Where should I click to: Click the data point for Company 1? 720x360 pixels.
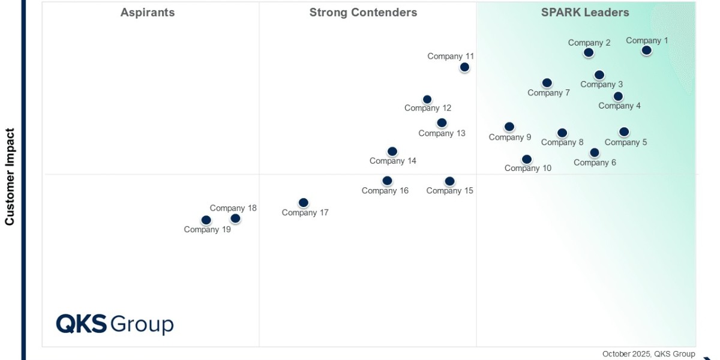(x=646, y=50)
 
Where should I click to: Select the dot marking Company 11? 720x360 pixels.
(x=464, y=67)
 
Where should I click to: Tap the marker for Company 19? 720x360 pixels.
(x=206, y=220)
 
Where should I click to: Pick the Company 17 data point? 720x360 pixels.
(x=304, y=203)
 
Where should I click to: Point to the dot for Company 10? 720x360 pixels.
(x=527, y=160)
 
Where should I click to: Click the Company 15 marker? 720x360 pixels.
(x=449, y=181)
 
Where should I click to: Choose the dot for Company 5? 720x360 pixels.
(x=624, y=132)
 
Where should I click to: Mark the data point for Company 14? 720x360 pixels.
(x=392, y=152)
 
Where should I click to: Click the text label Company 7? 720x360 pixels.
(x=548, y=93)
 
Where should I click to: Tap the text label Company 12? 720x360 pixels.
(x=428, y=109)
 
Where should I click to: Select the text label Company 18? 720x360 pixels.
(x=233, y=209)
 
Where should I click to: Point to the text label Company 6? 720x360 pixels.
(x=595, y=163)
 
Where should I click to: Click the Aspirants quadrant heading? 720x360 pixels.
(x=148, y=13)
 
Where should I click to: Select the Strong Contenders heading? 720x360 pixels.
(x=363, y=13)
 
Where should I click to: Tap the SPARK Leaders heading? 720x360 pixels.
(x=585, y=13)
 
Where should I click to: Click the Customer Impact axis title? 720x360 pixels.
(x=10, y=176)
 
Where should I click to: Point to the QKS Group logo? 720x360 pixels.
(x=115, y=324)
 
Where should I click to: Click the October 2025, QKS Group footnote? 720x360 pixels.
(x=649, y=354)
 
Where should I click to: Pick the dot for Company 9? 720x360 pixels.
(x=509, y=127)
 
